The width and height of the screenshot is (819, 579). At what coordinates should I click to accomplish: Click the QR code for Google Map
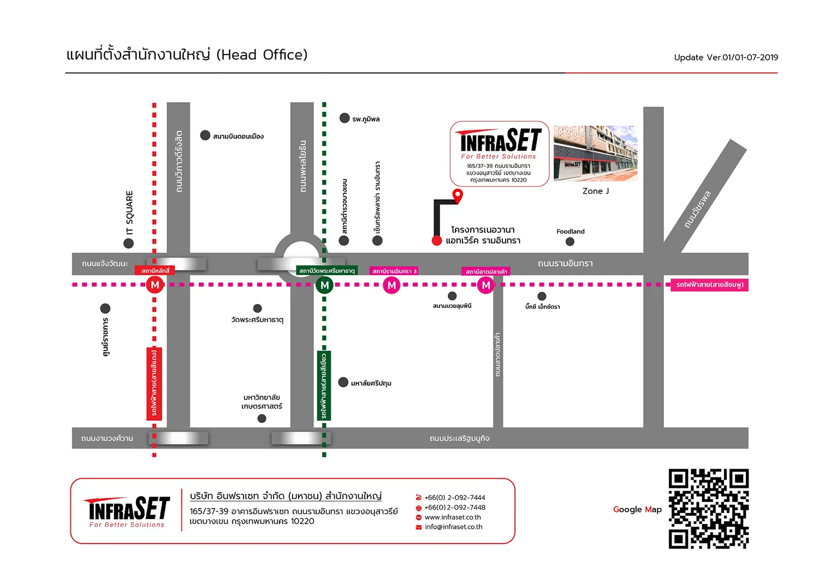click(x=709, y=509)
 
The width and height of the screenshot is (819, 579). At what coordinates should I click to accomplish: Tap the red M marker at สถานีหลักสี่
click(x=155, y=285)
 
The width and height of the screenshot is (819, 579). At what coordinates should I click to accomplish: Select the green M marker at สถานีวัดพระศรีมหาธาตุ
click(x=324, y=285)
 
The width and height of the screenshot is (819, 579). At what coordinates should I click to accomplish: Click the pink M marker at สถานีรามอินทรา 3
click(x=391, y=285)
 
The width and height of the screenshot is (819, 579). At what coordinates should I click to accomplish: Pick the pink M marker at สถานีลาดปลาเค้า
click(x=485, y=285)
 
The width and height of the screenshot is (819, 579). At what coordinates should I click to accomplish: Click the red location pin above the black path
click(x=458, y=195)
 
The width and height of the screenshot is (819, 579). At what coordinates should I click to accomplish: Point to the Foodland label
click(x=571, y=231)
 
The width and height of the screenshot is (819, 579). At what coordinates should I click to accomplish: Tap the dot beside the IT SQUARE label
click(x=128, y=243)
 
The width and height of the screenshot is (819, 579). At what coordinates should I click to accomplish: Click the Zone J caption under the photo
click(x=596, y=191)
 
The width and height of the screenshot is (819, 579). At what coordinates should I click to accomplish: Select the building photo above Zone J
click(x=596, y=153)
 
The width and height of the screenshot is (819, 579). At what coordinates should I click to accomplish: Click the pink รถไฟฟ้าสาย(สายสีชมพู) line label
click(x=709, y=285)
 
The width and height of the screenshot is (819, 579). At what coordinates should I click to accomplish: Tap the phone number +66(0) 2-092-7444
click(x=454, y=498)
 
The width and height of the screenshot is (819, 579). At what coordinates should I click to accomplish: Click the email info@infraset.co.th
click(x=453, y=527)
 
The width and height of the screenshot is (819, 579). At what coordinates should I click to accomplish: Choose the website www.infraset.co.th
click(x=453, y=517)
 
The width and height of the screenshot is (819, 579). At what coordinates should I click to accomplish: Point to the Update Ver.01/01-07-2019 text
click(x=726, y=57)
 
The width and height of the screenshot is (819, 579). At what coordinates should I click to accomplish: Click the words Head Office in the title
click(x=262, y=55)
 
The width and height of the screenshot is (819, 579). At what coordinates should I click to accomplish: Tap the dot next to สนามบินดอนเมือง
click(x=205, y=135)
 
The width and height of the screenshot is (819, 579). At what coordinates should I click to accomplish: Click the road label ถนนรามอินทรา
click(x=565, y=263)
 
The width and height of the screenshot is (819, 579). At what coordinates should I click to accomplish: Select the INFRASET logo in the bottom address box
click(x=127, y=511)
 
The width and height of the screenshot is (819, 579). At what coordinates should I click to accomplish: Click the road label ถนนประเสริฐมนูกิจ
click(x=459, y=438)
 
